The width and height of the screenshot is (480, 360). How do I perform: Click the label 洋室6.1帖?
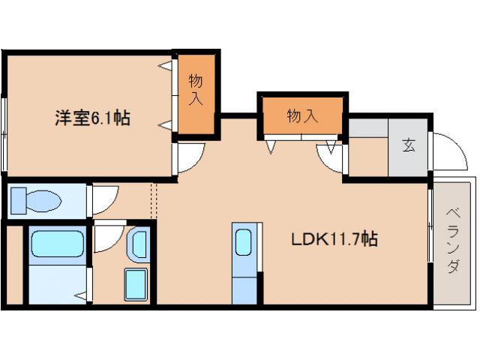[x=91, y=118]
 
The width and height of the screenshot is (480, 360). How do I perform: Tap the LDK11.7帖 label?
[x=334, y=240]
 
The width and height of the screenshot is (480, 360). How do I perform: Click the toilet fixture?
[x=37, y=200]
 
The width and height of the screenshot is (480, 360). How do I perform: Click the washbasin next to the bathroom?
[x=138, y=244]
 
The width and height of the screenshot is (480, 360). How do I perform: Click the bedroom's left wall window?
[x=5, y=135]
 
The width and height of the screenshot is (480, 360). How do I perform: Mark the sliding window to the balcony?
[x=430, y=225]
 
